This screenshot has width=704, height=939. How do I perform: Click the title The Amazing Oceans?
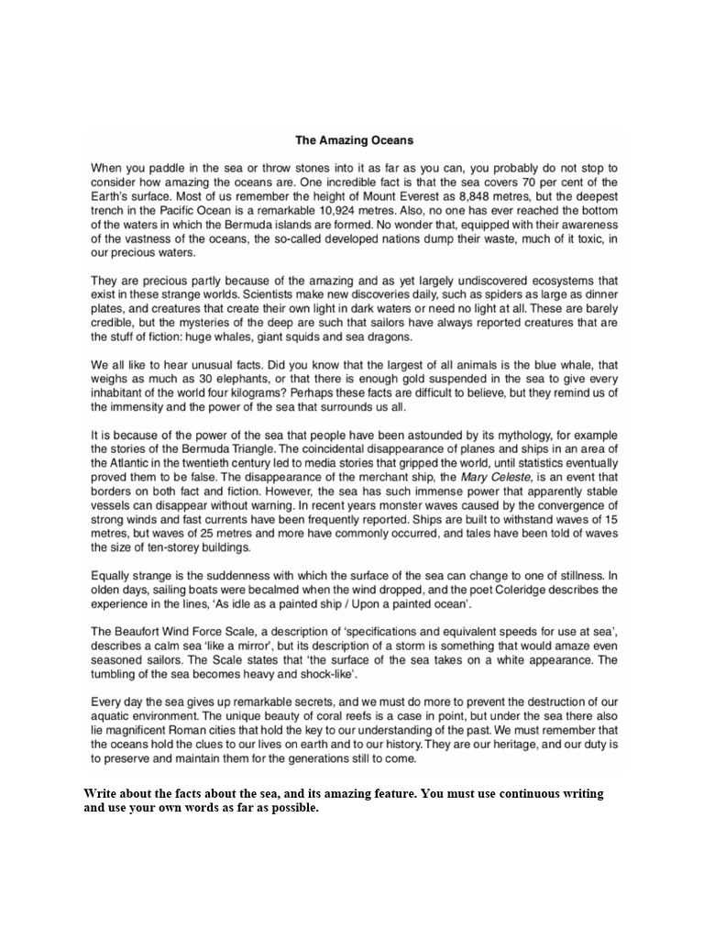(x=354, y=140)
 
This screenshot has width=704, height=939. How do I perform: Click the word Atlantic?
(x=129, y=465)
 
